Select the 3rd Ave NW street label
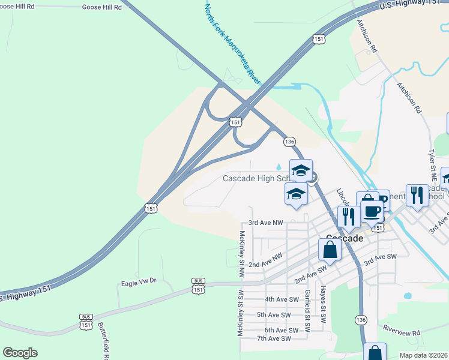coord(265,223)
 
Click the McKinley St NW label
coord(242,253)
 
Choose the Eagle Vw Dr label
coord(138,282)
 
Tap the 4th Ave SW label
coord(282,299)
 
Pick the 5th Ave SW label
coord(273,315)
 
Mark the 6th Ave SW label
coord(282,331)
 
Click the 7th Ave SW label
coord(273,339)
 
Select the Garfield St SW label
coord(307,311)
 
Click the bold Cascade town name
coord(345,238)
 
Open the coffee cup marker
coord(372,212)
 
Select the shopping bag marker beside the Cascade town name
coord(330,250)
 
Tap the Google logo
coord(20,352)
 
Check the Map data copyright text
coord(423,355)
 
